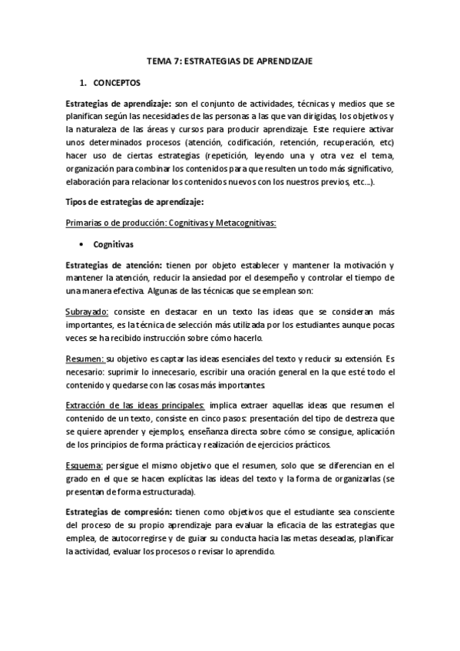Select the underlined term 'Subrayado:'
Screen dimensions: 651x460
coord(88,312)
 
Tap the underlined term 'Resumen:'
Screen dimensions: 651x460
coord(84,359)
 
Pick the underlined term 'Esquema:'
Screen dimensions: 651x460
coord(85,465)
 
